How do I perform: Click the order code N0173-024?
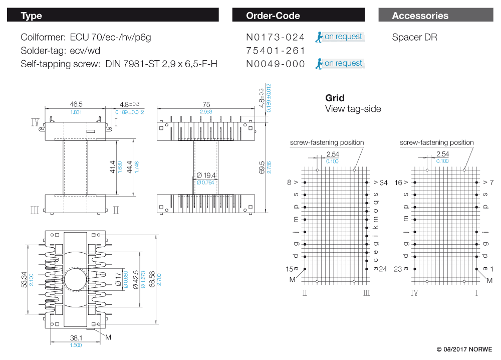[275, 37]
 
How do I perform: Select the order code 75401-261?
[275, 51]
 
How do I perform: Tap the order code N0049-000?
[275, 64]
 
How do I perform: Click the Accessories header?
[420, 16]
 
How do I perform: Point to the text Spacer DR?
[414, 37]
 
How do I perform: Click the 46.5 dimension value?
[76, 104]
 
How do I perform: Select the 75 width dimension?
[206, 105]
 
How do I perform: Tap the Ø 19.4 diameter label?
[206, 175]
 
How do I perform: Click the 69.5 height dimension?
[262, 167]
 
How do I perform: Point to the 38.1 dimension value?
[76, 338]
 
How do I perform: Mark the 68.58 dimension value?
[152, 279]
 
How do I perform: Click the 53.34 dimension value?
[24, 280]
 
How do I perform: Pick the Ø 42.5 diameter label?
[136, 280]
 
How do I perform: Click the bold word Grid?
[335, 98]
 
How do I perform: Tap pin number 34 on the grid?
[383, 183]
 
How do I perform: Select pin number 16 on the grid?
[398, 183]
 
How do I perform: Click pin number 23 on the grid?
[398, 269]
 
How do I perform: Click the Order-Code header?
[273, 16]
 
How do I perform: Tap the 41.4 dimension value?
[112, 167]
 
